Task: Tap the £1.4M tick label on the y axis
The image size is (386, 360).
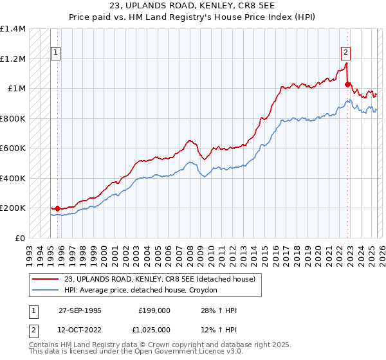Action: (13, 29)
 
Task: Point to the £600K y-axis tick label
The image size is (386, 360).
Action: (13, 148)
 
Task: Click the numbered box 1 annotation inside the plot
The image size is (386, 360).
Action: (57, 53)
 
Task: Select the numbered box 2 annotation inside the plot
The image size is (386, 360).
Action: (345, 53)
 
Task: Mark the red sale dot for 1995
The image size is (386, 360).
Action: (58, 208)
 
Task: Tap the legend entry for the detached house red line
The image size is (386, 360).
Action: (160, 279)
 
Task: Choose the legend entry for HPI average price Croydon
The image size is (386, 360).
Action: (141, 291)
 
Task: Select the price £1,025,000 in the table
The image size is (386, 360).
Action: (155, 329)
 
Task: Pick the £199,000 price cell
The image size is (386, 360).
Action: (154, 310)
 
